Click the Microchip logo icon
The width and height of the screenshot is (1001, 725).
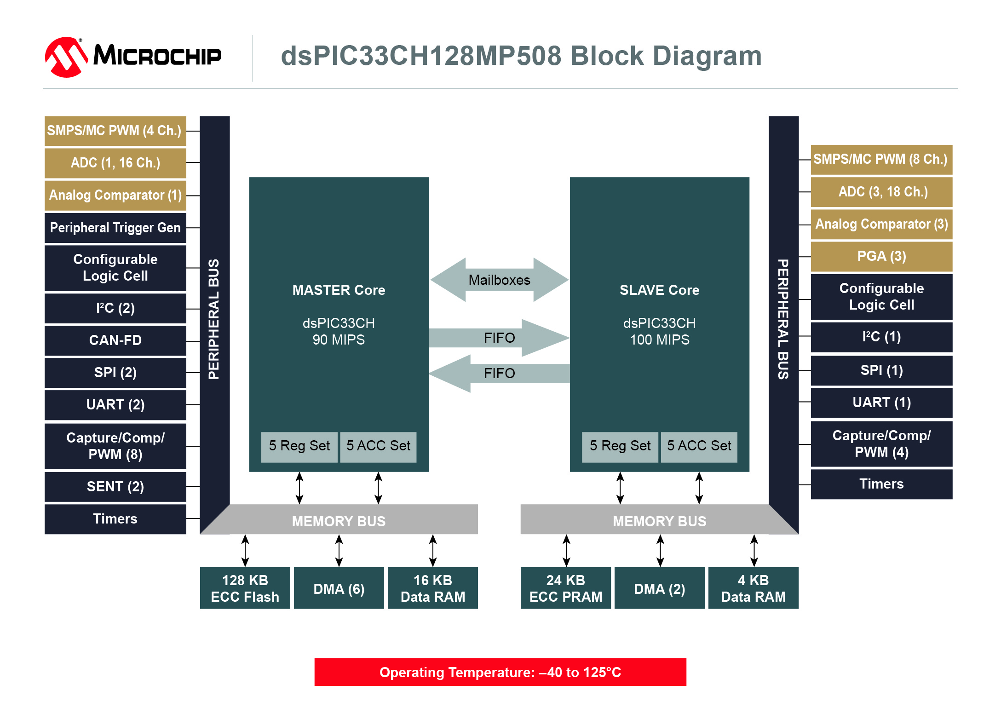point(66,57)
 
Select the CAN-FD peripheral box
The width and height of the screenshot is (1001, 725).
point(115,340)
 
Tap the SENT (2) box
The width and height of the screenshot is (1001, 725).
point(115,487)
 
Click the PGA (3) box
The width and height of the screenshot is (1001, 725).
point(881,257)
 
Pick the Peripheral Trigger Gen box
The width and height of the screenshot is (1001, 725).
point(115,228)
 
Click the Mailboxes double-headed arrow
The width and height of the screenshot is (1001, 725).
point(499,280)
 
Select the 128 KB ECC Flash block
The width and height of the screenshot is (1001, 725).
point(245,588)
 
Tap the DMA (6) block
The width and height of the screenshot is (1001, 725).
point(339,588)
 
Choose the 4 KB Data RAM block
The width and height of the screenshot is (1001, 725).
point(754,588)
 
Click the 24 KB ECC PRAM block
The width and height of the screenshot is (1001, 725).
point(566,588)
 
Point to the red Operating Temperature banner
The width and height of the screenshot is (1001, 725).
point(500,672)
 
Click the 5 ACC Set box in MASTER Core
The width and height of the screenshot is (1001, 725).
point(378,447)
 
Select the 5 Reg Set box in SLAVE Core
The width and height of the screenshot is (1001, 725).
point(620,447)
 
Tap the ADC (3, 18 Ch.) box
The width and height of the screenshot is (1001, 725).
point(881,192)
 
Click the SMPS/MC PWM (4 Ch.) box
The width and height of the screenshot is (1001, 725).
point(115,131)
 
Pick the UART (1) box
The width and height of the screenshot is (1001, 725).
point(881,403)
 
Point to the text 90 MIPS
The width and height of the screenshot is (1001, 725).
point(339,340)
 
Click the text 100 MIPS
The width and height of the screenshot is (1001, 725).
point(660,340)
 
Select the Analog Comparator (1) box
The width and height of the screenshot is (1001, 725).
point(115,196)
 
